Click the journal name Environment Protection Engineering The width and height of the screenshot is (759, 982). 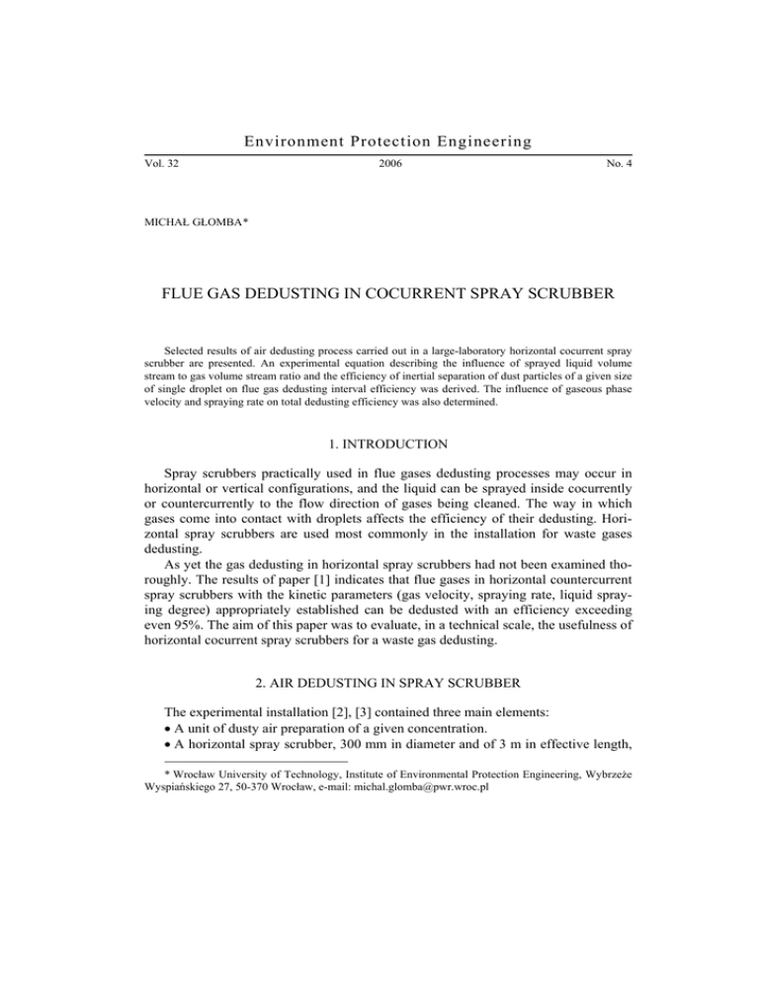379,142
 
